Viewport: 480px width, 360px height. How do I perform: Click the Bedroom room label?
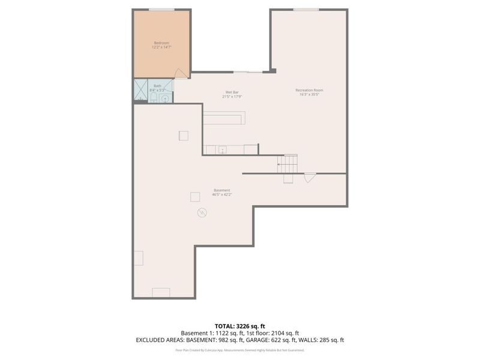(x=161, y=43)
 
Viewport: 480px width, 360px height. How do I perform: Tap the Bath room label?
(x=157, y=86)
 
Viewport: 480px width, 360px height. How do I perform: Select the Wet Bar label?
(x=232, y=92)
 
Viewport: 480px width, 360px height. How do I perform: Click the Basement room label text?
(x=221, y=190)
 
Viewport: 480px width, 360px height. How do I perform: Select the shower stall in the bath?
(x=140, y=91)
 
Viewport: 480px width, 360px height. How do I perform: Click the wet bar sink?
(x=221, y=149)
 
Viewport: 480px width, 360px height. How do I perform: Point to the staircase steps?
(x=288, y=163)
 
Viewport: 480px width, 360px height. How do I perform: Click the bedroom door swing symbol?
(x=179, y=74)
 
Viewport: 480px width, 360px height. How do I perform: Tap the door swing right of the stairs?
(x=310, y=177)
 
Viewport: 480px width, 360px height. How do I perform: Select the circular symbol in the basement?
(x=202, y=212)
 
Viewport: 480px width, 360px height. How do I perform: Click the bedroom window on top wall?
(x=161, y=10)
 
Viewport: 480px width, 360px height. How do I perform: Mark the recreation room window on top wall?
(x=306, y=10)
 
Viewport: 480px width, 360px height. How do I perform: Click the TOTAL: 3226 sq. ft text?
(x=240, y=326)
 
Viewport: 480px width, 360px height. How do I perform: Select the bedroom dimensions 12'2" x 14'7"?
(x=161, y=47)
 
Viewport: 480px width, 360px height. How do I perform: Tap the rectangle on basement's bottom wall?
(x=161, y=292)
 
